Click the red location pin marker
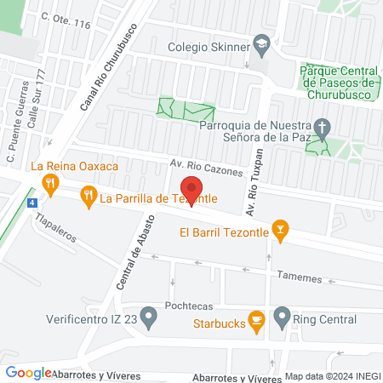[191, 190]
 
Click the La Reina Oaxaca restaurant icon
[51, 180]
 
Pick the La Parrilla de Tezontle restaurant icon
[88, 198]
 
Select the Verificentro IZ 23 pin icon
[149, 321]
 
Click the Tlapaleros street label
[56, 228]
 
